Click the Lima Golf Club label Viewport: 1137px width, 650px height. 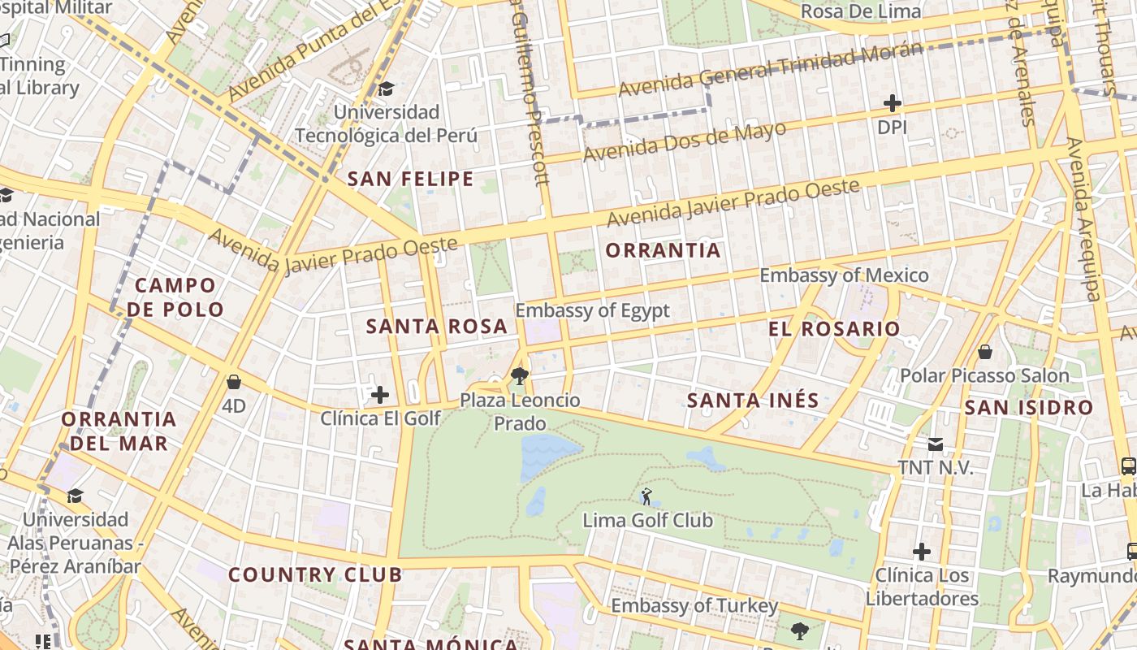point(647,520)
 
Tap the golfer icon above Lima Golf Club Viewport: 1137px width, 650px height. point(646,496)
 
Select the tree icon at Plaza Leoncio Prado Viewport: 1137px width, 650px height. point(520,376)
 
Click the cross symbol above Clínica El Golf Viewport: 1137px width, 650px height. point(380,396)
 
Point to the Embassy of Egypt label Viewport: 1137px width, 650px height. point(592,310)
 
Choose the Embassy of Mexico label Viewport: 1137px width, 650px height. point(844,275)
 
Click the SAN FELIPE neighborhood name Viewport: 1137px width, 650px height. point(410,180)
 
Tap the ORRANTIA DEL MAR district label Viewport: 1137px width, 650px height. point(119,431)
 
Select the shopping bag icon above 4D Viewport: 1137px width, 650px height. point(234,382)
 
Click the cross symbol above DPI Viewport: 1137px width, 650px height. point(892,103)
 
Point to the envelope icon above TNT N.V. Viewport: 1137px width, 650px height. point(936,444)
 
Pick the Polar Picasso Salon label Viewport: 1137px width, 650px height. point(984,376)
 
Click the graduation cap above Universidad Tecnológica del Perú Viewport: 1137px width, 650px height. point(386,89)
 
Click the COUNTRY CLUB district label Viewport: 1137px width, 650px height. point(315,575)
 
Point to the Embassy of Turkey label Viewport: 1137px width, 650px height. point(694,606)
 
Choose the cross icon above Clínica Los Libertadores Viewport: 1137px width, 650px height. point(921,552)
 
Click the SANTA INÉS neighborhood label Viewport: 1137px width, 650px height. point(753,401)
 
